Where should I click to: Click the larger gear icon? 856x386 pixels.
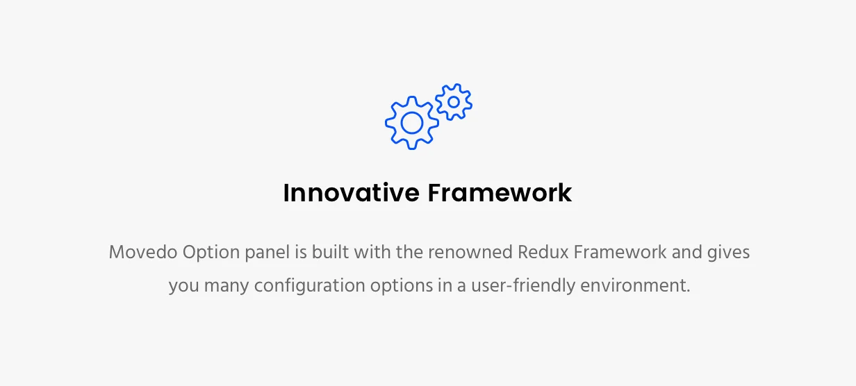(x=412, y=123)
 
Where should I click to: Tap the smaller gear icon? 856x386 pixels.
(x=454, y=102)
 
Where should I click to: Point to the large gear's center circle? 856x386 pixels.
(x=412, y=123)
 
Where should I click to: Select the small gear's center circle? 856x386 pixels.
(x=454, y=102)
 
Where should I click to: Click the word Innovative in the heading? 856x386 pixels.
(x=350, y=192)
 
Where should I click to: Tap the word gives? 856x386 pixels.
(x=729, y=252)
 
